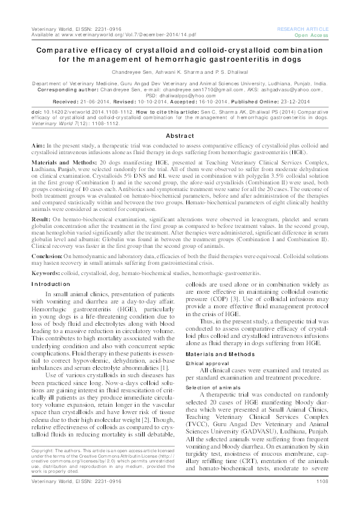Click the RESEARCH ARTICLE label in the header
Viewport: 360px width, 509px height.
[x=303, y=28]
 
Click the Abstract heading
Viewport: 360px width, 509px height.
[x=180, y=136]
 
